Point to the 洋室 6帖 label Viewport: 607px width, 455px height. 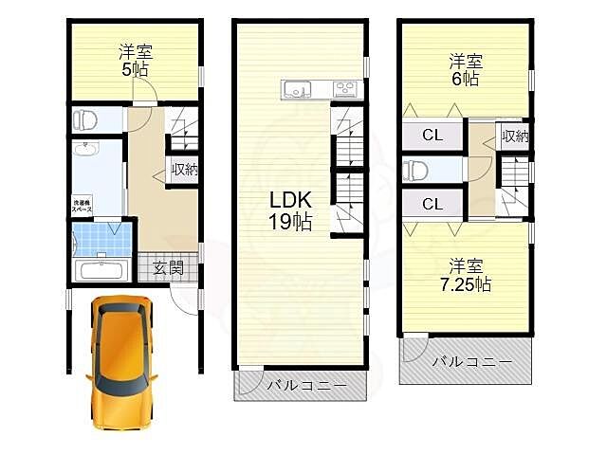click(465, 70)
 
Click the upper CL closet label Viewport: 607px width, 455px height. click(432, 136)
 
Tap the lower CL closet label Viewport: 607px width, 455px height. click(432, 204)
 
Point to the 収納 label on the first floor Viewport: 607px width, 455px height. click(184, 170)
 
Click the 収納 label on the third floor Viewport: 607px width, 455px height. click(514, 136)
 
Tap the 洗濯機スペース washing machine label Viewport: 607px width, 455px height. click(83, 205)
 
